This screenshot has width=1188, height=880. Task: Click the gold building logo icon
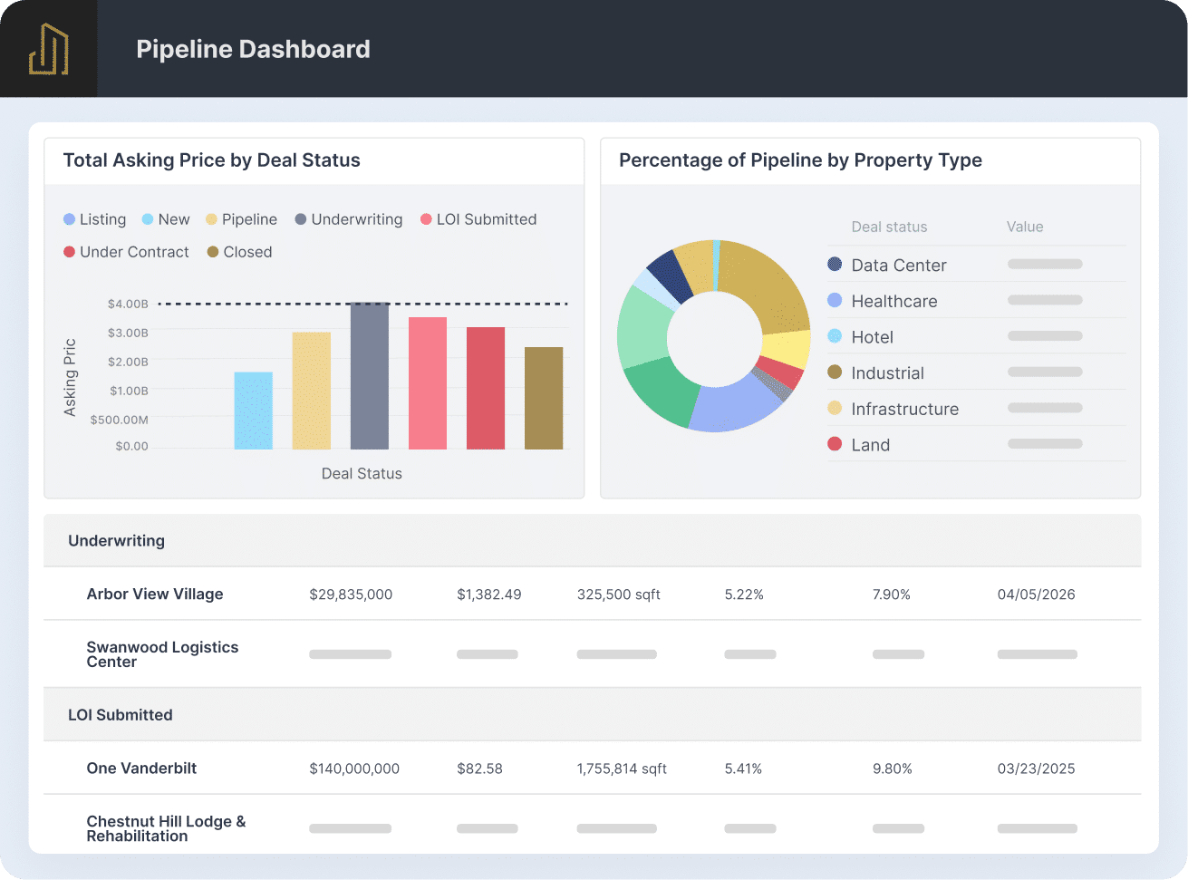coord(49,49)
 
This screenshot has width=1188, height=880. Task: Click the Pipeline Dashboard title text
coord(253,49)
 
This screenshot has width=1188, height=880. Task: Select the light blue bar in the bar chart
coord(254,411)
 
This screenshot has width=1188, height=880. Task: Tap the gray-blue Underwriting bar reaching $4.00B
coord(370,376)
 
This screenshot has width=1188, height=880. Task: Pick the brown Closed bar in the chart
coord(544,398)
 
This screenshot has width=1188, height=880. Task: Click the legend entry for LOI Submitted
coord(478,219)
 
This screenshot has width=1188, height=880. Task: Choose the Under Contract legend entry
coord(126,252)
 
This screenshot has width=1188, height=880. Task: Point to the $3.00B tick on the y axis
coord(128,333)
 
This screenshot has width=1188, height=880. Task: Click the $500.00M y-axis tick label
coord(119,420)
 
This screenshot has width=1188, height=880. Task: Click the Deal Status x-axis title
coord(362,473)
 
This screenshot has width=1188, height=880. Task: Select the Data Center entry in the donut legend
coord(887,265)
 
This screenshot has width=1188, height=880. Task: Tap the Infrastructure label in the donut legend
coord(904,409)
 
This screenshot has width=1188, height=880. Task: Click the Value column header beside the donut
coord(1025,227)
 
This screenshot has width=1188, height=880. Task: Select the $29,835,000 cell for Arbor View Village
coord(351,595)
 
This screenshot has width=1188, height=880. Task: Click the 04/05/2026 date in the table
coord(1036,595)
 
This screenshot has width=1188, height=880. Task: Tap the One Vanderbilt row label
coord(141,768)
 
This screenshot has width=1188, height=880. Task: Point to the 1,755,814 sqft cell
coord(622,769)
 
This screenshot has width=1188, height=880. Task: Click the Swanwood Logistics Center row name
coord(162,654)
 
